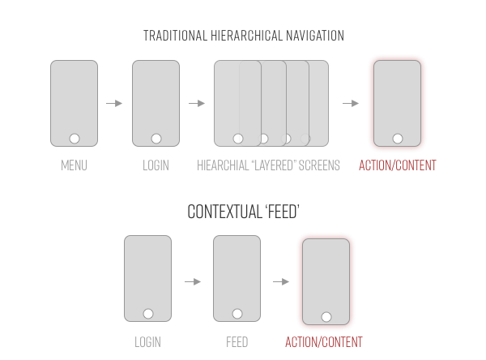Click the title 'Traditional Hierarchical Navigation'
click(x=243, y=36)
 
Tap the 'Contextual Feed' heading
click(x=242, y=212)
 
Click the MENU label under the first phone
click(x=74, y=165)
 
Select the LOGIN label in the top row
click(x=156, y=165)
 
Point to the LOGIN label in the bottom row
click(x=147, y=341)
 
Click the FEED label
click(x=237, y=341)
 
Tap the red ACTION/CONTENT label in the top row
click(x=397, y=165)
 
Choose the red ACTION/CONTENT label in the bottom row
click(x=324, y=341)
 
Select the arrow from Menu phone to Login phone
click(x=114, y=103)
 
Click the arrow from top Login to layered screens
click(x=197, y=103)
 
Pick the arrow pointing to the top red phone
click(x=351, y=103)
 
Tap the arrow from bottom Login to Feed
click(x=193, y=281)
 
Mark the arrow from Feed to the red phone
click(x=281, y=281)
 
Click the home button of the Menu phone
click(x=74, y=138)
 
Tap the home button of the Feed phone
click(x=237, y=313)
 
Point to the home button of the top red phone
click(x=397, y=138)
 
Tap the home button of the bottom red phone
click(x=326, y=315)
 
